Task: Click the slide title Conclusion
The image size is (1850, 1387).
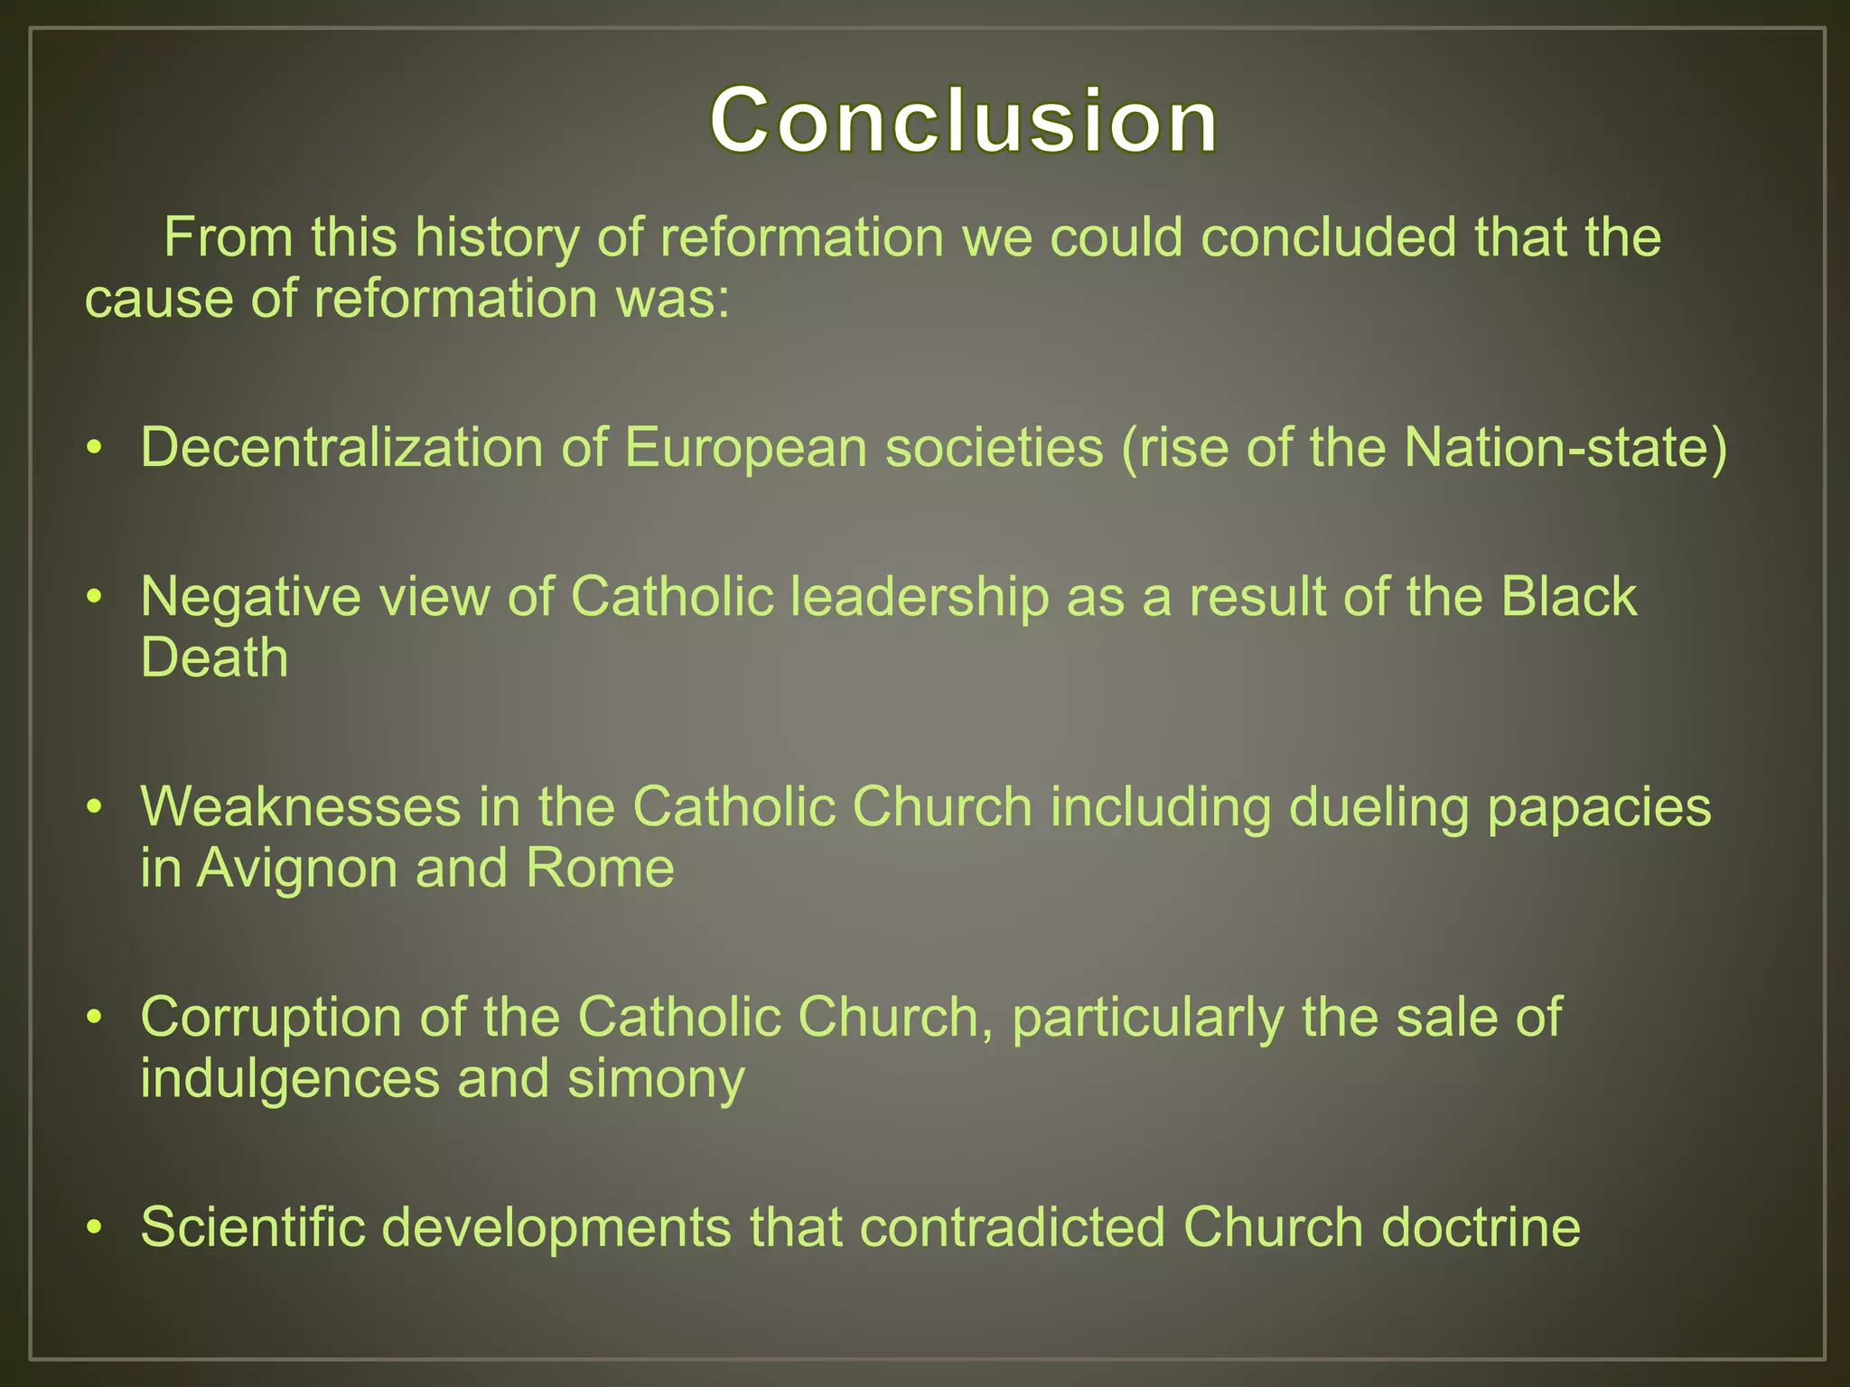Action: point(963,120)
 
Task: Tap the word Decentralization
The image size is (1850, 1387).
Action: point(341,447)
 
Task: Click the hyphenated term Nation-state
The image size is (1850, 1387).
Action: point(1565,447)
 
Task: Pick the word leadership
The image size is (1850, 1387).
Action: point(920,597)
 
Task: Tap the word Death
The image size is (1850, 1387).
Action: point(214,657)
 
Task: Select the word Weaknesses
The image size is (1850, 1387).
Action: point(300,806)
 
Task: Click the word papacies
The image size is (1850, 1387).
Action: point(1599,806)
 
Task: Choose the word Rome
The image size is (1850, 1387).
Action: point(600,868)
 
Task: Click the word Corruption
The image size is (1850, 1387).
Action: point(270,1018)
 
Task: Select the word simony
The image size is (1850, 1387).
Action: point(656,1078)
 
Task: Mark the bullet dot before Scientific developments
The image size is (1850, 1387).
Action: point(94,1229)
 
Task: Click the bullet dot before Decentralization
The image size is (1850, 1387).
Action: point(94,449)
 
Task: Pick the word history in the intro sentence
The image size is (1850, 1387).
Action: point(496,237)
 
